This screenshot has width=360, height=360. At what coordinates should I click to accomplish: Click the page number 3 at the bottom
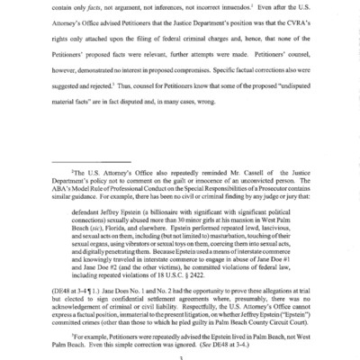(180, 355)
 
